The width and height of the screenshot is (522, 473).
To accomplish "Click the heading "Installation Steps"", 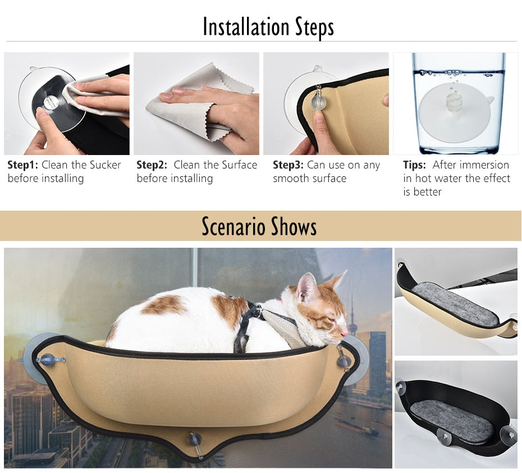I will [x=268, y=27].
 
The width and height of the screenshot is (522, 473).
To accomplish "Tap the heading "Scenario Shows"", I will [x=259, y=226].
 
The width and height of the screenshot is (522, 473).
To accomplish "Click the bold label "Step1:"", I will [x=22, y=165].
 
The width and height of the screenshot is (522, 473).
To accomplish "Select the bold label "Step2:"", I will [x=152, y=165].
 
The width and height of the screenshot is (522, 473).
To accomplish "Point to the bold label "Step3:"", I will [x=289, y=165].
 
